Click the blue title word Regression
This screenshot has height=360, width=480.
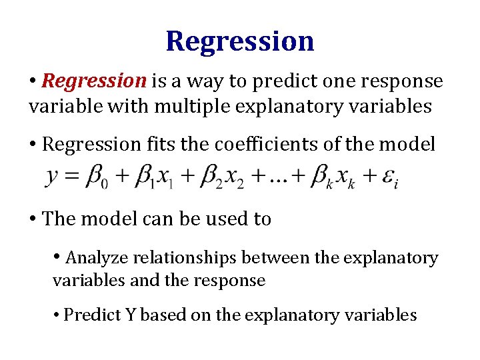[240, 41]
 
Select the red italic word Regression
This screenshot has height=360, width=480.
[93, 81]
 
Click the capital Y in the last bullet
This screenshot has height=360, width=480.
[129, 315]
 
